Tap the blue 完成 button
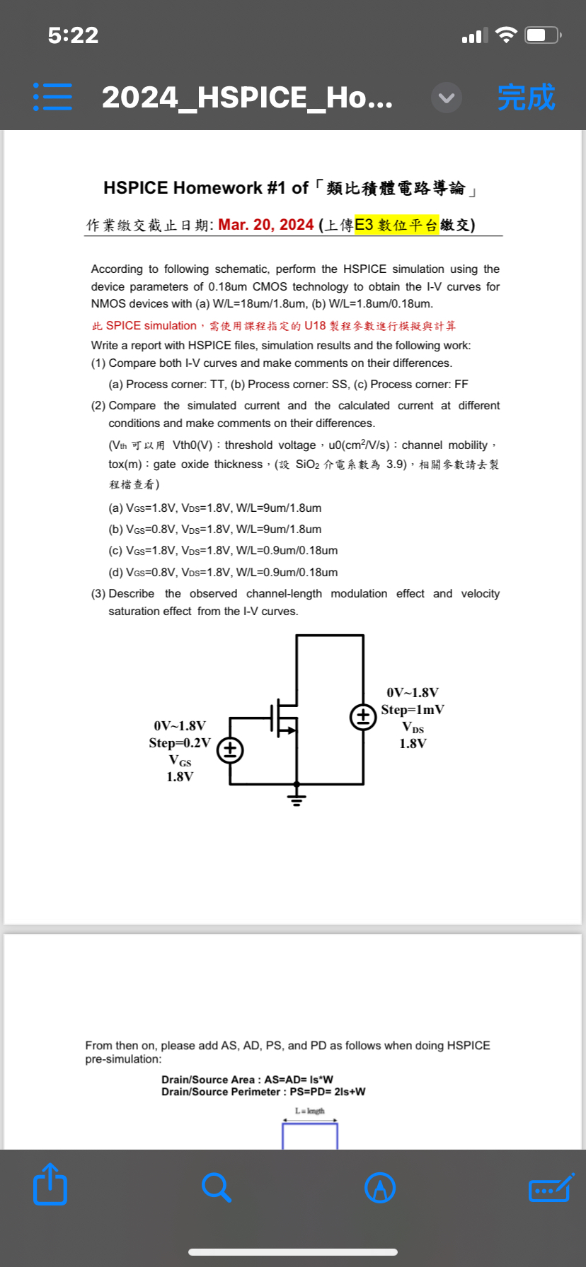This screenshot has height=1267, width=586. tap(526, 98)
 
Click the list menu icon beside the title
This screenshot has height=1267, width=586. tap(52, 97)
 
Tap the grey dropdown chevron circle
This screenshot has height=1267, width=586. tap(447, 98)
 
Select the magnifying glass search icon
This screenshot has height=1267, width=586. tap(216, 1187)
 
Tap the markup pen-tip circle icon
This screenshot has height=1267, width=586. tap(380, 1187)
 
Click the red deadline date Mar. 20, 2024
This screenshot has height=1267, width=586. tap(266, 225)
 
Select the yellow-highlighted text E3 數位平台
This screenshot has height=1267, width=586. tap(396, 225)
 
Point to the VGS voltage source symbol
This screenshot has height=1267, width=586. tap(230, 749)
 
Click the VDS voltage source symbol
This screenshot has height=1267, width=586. tap(364, 718)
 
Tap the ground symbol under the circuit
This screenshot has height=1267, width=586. tap(297, 799)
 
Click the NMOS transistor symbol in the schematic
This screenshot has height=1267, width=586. tap(284, 718)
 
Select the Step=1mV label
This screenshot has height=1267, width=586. tap(413, 710)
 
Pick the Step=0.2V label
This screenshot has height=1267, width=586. tap(180, 743)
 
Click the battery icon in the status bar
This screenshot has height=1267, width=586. tap(543, 35)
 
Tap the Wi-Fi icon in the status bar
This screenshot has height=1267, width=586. tap(506, 35)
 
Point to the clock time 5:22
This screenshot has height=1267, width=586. tap(73, 35)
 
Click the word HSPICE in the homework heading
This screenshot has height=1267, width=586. tap(136, 188)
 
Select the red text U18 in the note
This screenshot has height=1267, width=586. tap(315, 326)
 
